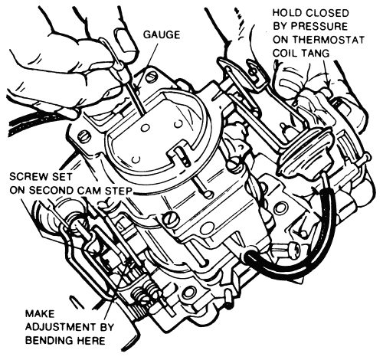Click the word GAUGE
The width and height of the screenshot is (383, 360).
[162, 34]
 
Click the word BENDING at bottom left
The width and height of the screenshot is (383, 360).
[49, 340]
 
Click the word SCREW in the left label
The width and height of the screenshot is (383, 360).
[26, 177]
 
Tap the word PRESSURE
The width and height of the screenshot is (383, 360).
[319, 26]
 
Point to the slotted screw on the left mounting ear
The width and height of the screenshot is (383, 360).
[83, 136]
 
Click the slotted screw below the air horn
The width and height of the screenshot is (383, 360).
[169, 218]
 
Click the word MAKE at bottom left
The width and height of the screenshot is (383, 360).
[40, 313]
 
